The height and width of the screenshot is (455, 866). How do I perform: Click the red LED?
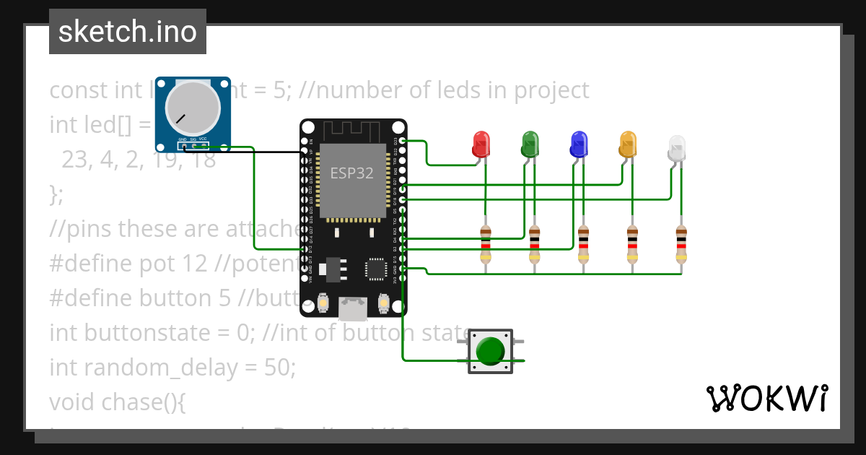click(x=481, y=144)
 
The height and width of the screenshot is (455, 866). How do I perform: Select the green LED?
click(x=530, y=144)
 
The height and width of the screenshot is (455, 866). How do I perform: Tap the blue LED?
click(x=579, y=144)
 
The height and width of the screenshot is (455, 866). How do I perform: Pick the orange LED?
click(x=628, y=144)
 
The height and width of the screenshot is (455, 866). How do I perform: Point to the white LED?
click(x=676, y=147)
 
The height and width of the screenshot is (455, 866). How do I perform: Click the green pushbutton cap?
click(x=491, y=351)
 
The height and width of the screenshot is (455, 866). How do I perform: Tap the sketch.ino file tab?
click(x=128, y=32)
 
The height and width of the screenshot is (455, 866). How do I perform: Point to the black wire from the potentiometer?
click(x=245, y=152)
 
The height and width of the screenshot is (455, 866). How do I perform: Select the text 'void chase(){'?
click(x=118, y=402)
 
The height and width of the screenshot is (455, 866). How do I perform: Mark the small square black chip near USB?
click(x=376, y=269)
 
